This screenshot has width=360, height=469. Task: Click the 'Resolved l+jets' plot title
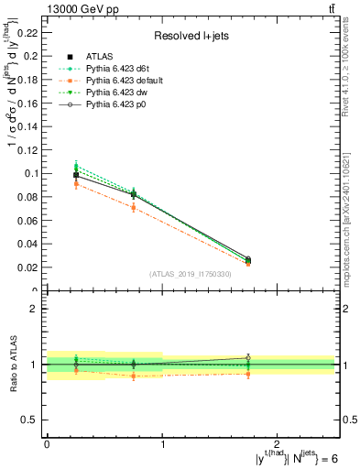click(x=190, y=36)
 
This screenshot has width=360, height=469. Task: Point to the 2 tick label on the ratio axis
click(x=36, y=309)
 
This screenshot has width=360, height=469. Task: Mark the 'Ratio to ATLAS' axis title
click(x=14, y=365)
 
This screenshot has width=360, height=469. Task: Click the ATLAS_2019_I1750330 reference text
click(x=190, y=274)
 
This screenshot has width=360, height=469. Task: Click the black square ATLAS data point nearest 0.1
click(x=76, y=174)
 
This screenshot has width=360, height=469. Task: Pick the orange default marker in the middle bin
click(x=135, y=207)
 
